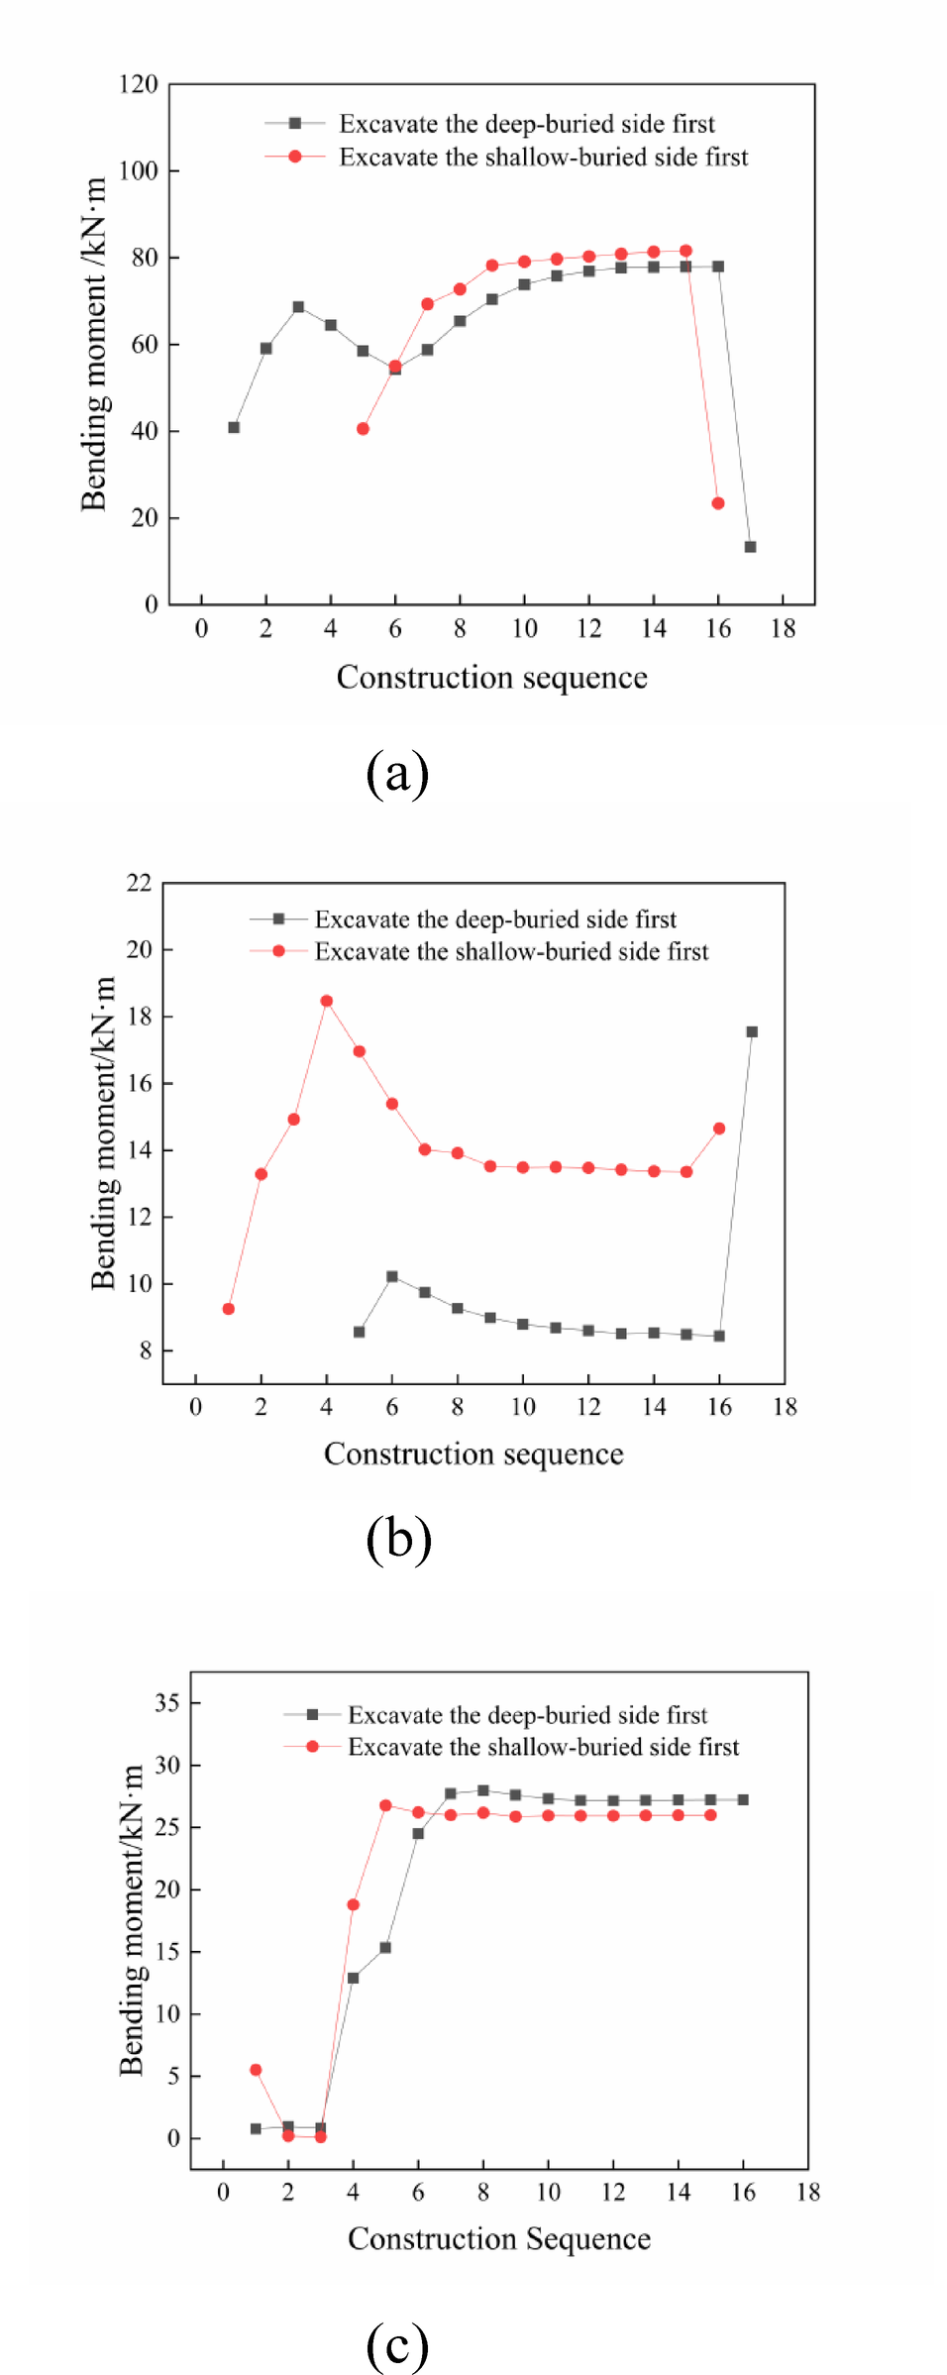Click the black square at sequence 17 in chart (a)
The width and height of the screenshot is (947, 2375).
[750, 547]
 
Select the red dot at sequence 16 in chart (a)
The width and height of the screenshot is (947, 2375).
[718, 503]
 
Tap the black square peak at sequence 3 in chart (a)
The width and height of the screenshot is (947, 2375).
[298, 307]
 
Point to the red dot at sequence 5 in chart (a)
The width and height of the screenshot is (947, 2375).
[364, 429]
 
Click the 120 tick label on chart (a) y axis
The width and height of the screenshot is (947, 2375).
[139, 84]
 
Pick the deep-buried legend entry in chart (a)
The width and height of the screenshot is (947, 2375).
[526, 124]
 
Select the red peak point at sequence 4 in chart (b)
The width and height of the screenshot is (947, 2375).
[327, 1001]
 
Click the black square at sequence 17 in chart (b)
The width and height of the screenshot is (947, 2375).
[752, 1031]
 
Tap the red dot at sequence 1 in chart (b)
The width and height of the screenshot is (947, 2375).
[229, 1309]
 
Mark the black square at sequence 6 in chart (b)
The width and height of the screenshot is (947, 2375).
[392, 1276]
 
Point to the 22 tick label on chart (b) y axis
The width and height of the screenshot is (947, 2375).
[140, 883]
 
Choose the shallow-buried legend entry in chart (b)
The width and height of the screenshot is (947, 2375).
[511, 951]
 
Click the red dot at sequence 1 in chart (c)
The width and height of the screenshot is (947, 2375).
[256, 2070]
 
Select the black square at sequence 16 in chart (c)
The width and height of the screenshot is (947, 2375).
[743, 1799]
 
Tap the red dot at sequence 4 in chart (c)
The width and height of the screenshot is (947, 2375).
[353, 1904]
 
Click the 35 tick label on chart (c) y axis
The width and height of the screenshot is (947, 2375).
[167, 1703]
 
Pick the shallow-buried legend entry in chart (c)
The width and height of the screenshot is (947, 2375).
[543, 1747]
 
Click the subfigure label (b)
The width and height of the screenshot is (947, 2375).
[398, 1539]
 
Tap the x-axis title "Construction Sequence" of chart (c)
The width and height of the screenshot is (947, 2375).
[499, 2238]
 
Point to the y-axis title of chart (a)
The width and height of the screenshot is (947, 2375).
[94, 344]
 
